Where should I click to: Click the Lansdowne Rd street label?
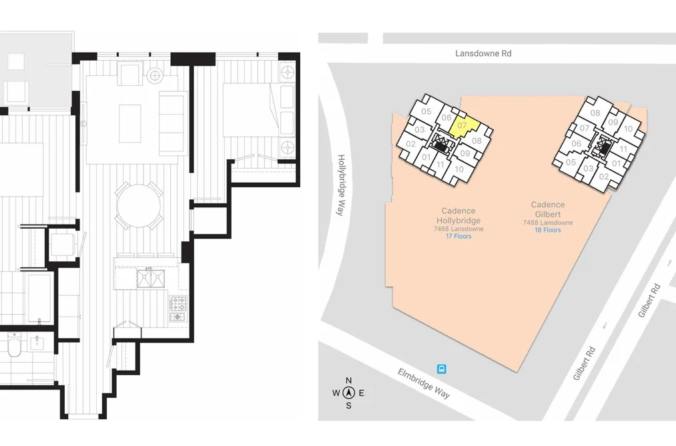coord(483,53)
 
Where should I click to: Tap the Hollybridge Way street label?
coord(342,185)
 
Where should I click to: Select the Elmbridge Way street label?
coord(424,383)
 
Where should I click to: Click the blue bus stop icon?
coord(442,369)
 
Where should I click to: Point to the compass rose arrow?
coord(349,393)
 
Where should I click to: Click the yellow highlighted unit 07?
coord(464,126)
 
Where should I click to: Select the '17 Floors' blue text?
coord(458,237)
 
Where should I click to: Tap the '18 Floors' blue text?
coord(548,230)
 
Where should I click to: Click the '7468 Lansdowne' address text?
coord(458,229)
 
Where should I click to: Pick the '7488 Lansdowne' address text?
coord(548,223)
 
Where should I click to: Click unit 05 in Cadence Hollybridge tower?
coord(426,111)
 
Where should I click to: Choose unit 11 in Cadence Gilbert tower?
coord(623,149)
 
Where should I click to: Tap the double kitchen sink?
coord(150,278)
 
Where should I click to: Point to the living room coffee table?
coord(129,123)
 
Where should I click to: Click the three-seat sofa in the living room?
coord(173,123)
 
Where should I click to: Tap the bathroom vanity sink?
coord(37,345)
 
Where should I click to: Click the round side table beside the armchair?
coord(154,76)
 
